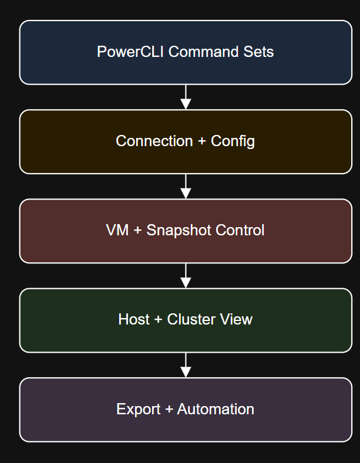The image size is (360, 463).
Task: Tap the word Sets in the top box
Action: (259, 52)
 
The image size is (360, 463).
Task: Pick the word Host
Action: (134, 319)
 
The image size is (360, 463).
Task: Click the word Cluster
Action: (191, 319)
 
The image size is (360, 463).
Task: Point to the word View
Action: (237, 319)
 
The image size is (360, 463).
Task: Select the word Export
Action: (138, 409)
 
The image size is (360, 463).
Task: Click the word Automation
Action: (216, 409)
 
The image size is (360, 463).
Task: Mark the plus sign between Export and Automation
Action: (169, 409)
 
